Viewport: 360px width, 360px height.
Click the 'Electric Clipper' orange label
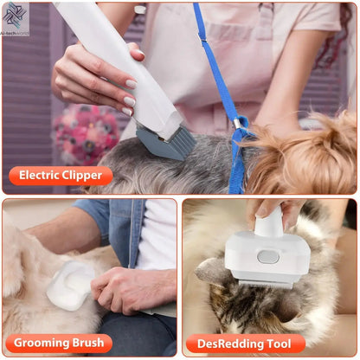[61, 176]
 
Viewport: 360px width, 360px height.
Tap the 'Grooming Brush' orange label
[60, 344]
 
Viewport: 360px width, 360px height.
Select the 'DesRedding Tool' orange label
[245, 344]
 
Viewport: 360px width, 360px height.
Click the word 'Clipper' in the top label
[81, 176]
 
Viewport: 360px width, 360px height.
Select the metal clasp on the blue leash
[237, 126]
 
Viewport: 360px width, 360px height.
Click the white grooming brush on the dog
[69, 286]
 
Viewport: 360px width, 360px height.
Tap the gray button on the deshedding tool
[268, 256]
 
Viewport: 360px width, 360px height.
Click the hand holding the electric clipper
[95, 82]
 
